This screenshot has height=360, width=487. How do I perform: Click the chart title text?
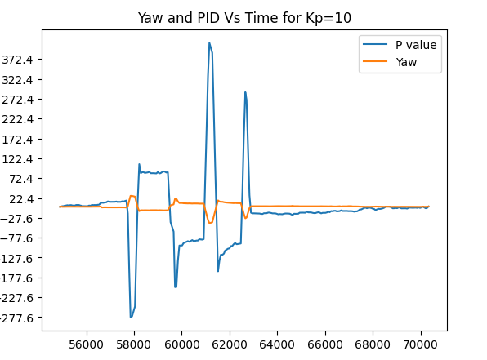[243, 17]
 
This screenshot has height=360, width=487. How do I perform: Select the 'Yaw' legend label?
[407, 61]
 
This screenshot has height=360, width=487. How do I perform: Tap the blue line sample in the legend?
[377, 45]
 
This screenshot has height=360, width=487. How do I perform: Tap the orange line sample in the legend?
[377, 61]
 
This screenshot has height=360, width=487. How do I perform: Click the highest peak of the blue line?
[209, 43]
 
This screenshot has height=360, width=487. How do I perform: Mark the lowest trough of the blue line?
[131, 317]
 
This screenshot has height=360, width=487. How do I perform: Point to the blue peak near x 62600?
[244, 92]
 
